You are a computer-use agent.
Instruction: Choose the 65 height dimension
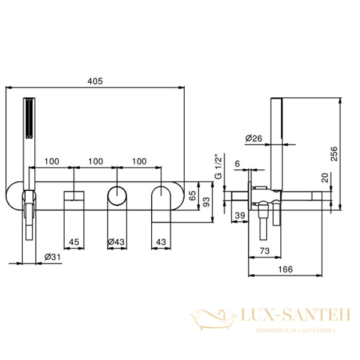[x=193, y=194]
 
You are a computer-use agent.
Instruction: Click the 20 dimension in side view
[x=325, y=178]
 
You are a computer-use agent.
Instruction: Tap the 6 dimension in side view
[x=238, y=163]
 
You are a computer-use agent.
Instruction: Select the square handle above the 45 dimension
[x=74, y=196]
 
